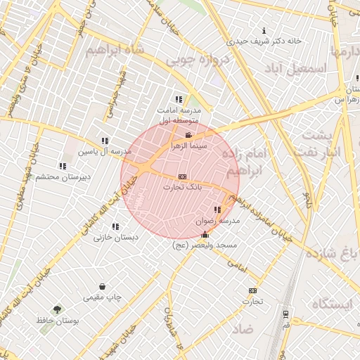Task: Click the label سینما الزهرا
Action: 189,146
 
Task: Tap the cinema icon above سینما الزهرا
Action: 188,135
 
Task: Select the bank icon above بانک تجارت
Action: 183,176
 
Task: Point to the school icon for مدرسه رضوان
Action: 217,210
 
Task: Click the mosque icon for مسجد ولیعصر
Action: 205,234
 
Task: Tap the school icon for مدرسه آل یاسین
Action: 105,141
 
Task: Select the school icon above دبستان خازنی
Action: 115,226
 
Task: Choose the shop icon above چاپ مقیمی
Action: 103,286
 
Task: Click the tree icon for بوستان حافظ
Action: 57,309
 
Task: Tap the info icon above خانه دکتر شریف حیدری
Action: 264,30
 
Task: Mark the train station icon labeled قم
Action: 285,314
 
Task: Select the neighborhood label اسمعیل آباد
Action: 296,68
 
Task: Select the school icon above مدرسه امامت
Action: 179,99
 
